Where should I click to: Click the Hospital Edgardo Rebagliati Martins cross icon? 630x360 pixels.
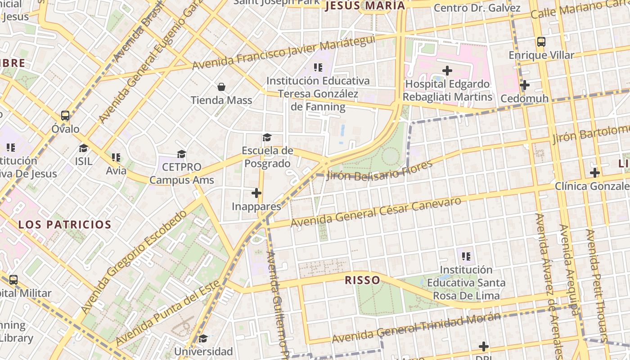coord(447,71)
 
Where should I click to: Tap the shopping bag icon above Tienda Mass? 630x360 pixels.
coord(221,86)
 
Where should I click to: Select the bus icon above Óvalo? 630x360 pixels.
coord(65,116)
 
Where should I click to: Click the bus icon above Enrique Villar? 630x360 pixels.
coord(541,42)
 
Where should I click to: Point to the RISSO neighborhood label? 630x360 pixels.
coord(362,280)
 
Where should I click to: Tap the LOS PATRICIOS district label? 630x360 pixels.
coord(65,225)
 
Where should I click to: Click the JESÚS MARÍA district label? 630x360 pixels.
coord(364,6)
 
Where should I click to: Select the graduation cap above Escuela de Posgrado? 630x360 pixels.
coord(267,137)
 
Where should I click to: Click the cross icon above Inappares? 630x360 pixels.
coord(256,193)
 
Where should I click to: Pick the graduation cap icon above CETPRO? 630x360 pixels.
coord(181,154)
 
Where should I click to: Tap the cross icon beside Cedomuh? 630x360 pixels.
coord(524,85)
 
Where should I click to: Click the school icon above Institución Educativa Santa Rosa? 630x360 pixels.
coord(466,256)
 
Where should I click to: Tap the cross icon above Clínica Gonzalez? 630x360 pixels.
coord(595,172)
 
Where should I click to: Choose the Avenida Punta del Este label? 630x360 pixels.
coord(168,313)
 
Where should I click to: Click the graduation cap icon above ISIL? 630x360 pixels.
coord(84,148)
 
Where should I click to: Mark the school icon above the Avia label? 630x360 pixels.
coord(116,157)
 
